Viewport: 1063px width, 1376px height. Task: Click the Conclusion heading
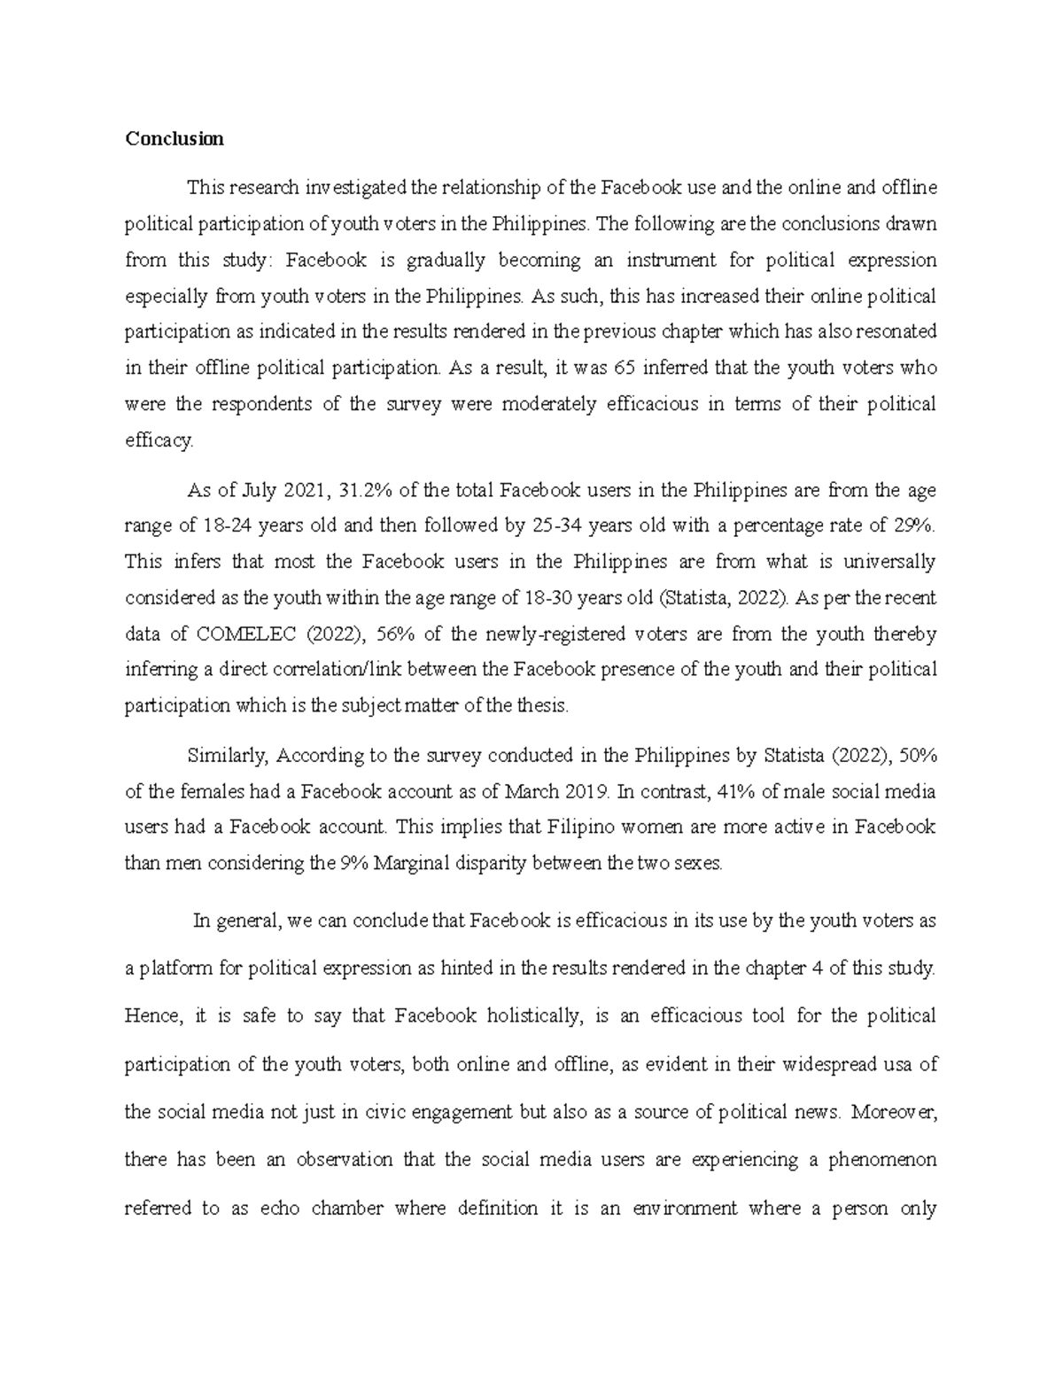tap(174, 139)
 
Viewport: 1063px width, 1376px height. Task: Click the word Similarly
tap(229, 756)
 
